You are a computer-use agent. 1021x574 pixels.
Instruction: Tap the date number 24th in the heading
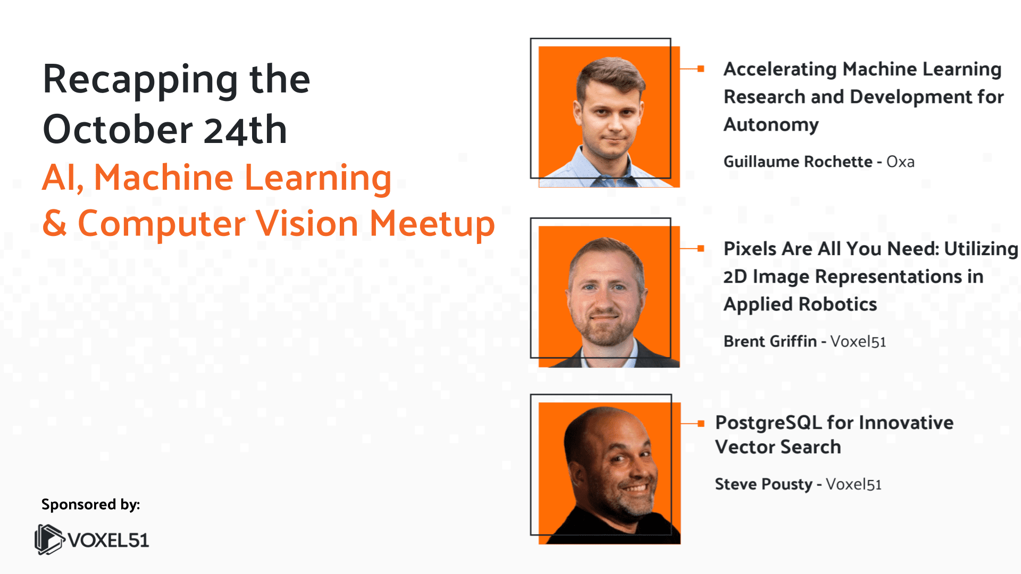click(x=245, y=130)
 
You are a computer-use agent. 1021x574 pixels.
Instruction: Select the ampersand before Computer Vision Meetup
click(x=55, y=223)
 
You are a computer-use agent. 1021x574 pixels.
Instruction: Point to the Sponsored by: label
click(x=90, y=504)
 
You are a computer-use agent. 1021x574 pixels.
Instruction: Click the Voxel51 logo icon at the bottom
click(x=49, y=539)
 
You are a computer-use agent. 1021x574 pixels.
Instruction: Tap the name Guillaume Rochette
click(x=798, y=162)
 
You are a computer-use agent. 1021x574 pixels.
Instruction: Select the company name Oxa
click(x=900, y=162)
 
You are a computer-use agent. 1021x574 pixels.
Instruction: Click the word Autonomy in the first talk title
click(x=771, y=125)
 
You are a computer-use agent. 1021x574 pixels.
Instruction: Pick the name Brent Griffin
click(x=770, y=341)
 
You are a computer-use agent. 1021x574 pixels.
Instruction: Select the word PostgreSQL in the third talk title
click(x=768, y=423)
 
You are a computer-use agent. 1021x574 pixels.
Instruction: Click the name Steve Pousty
click(x=763, y=484)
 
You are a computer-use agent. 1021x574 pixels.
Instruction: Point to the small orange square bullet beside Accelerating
click(x=701, y=69)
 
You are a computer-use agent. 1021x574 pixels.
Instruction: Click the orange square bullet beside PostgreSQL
click(x=701, y=424)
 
